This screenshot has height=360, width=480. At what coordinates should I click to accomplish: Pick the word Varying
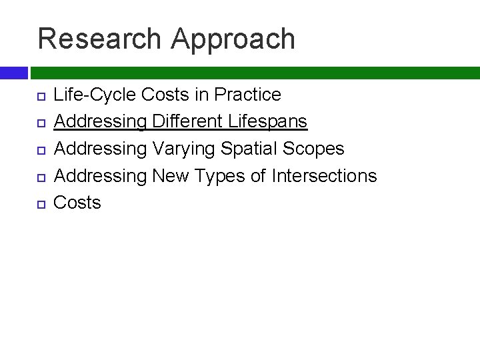(189, 148)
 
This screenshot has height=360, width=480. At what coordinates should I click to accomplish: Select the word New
(171, 175)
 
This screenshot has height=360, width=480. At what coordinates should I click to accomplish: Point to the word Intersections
(324, 175)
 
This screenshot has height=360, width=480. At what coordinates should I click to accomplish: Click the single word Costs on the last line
(77, 202)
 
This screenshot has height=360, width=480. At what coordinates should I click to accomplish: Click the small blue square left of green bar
(13, 73)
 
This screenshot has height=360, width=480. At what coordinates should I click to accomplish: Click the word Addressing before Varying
(100, 149)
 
